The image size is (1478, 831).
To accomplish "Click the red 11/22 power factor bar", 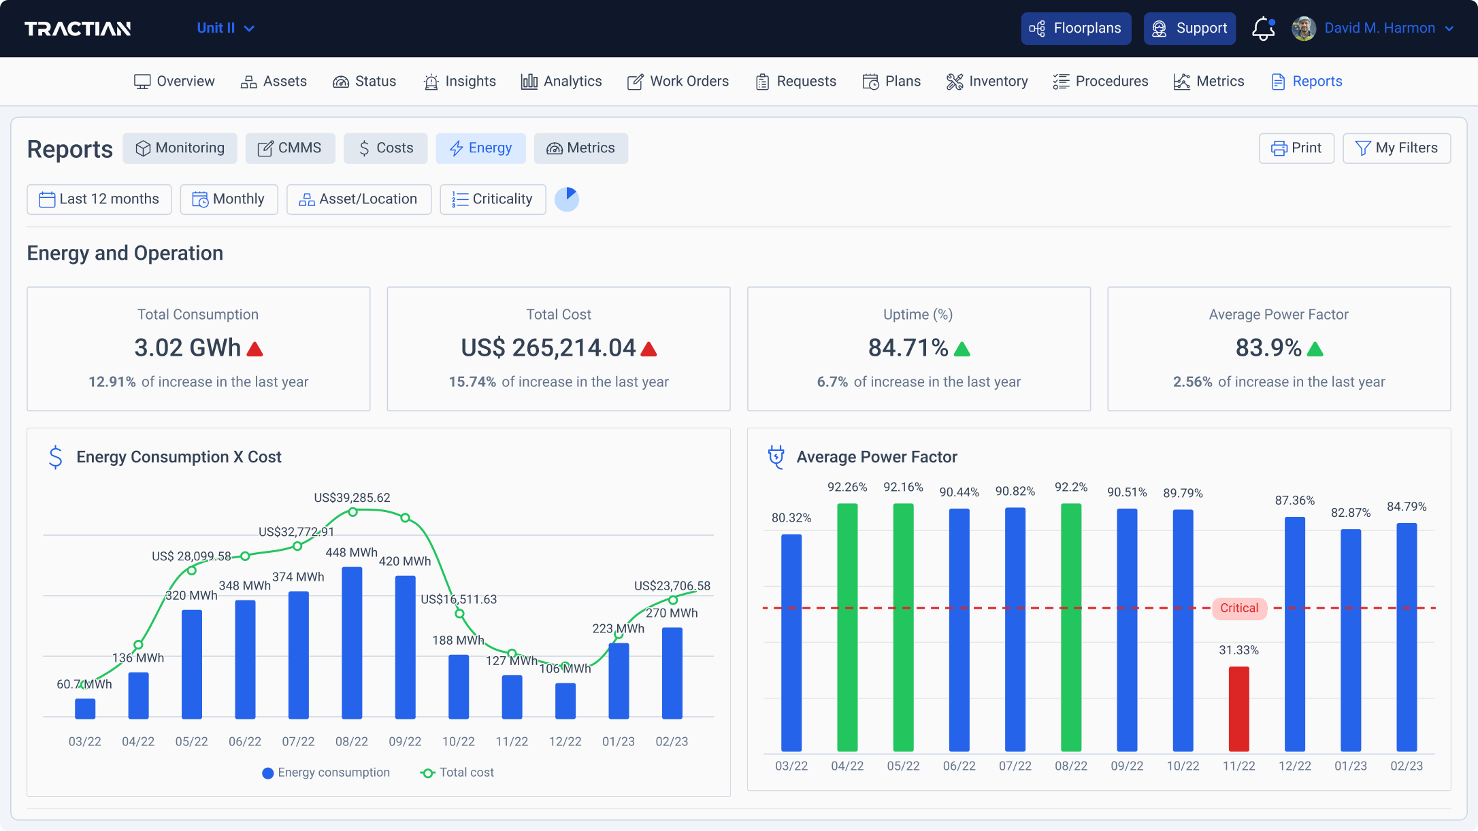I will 1238,709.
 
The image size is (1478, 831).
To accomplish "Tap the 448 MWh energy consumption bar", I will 352,643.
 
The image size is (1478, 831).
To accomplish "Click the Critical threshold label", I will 1239,608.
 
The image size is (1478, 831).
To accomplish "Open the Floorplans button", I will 1076,29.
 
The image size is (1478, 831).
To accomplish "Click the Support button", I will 1189,29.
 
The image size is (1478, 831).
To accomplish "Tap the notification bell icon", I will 1263,29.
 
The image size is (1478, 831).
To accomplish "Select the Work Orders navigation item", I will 678,82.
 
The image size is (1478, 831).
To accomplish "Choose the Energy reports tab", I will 480,148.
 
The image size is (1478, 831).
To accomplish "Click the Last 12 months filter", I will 99,199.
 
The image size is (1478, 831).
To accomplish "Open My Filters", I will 1396,148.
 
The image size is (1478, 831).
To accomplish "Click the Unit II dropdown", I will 225,29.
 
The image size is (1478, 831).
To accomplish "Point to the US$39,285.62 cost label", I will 352,498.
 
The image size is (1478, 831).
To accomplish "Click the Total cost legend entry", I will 457,773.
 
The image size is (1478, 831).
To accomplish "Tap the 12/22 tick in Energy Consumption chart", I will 565,741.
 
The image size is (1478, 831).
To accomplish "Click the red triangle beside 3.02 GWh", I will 255,350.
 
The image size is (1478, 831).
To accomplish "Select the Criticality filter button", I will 493,199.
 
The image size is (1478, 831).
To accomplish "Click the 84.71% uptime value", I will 908,348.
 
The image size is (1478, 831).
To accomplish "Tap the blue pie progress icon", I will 567,199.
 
